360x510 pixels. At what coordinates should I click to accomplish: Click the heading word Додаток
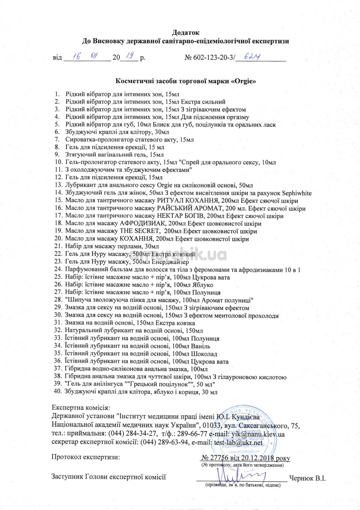(185, 33)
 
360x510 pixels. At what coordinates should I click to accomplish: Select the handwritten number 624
(252, 57)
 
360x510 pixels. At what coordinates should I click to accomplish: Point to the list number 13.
(59, 185)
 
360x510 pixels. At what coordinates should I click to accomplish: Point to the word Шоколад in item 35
(204, 354)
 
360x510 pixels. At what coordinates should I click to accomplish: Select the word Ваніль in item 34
(201, 346)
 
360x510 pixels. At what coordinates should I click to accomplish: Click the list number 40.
(58, 392)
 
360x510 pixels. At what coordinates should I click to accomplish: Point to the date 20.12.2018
(257, 458)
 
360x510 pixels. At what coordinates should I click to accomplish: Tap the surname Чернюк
(302, 478)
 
